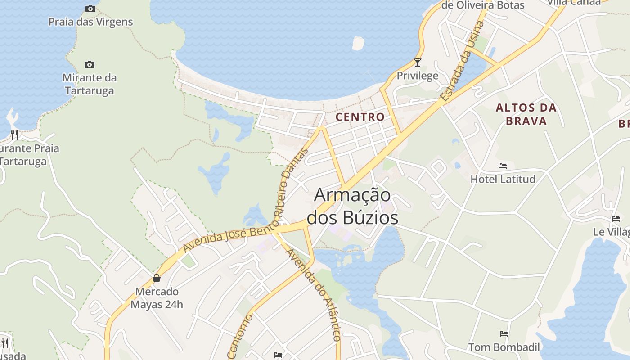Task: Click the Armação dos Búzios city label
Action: pyautogui.click(x=352, y=207)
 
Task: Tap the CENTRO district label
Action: pyautogui.click(x=360, y=117)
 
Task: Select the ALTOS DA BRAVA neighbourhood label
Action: pyautogui.click(x=526, y=114)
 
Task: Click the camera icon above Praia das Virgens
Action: pyautogui.click(x=90, y=9)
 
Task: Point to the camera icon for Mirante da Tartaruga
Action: pyautogui.click(x=90, y=65)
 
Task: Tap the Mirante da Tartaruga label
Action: pyautogui.click(x=90, y=84)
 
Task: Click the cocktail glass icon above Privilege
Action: pyautogui.click(x=418, y=63)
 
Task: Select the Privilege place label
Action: pyautogui.click(x=417, y=76)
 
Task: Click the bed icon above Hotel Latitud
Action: pyautogui.click(x=503, y=166)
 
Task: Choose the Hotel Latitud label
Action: pyautogui.click(x=503, y=179)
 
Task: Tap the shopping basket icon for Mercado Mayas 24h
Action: pyautogui.click(x=157, y=278)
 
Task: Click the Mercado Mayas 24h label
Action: pyautogui.click(x=157, y=298)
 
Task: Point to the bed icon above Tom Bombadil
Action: pyautogui.click(x=504, y=334)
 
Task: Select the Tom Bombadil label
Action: pyautogui.click(x=504, y=347)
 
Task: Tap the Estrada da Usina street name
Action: pyautogui.click(x=462, y=61)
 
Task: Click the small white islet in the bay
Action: pyautogui.click(x=358, y=43)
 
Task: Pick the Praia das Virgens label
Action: pyautogui.click(x=90, y=22)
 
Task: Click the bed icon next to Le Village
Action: pyautogui.click(x=616, y=219)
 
